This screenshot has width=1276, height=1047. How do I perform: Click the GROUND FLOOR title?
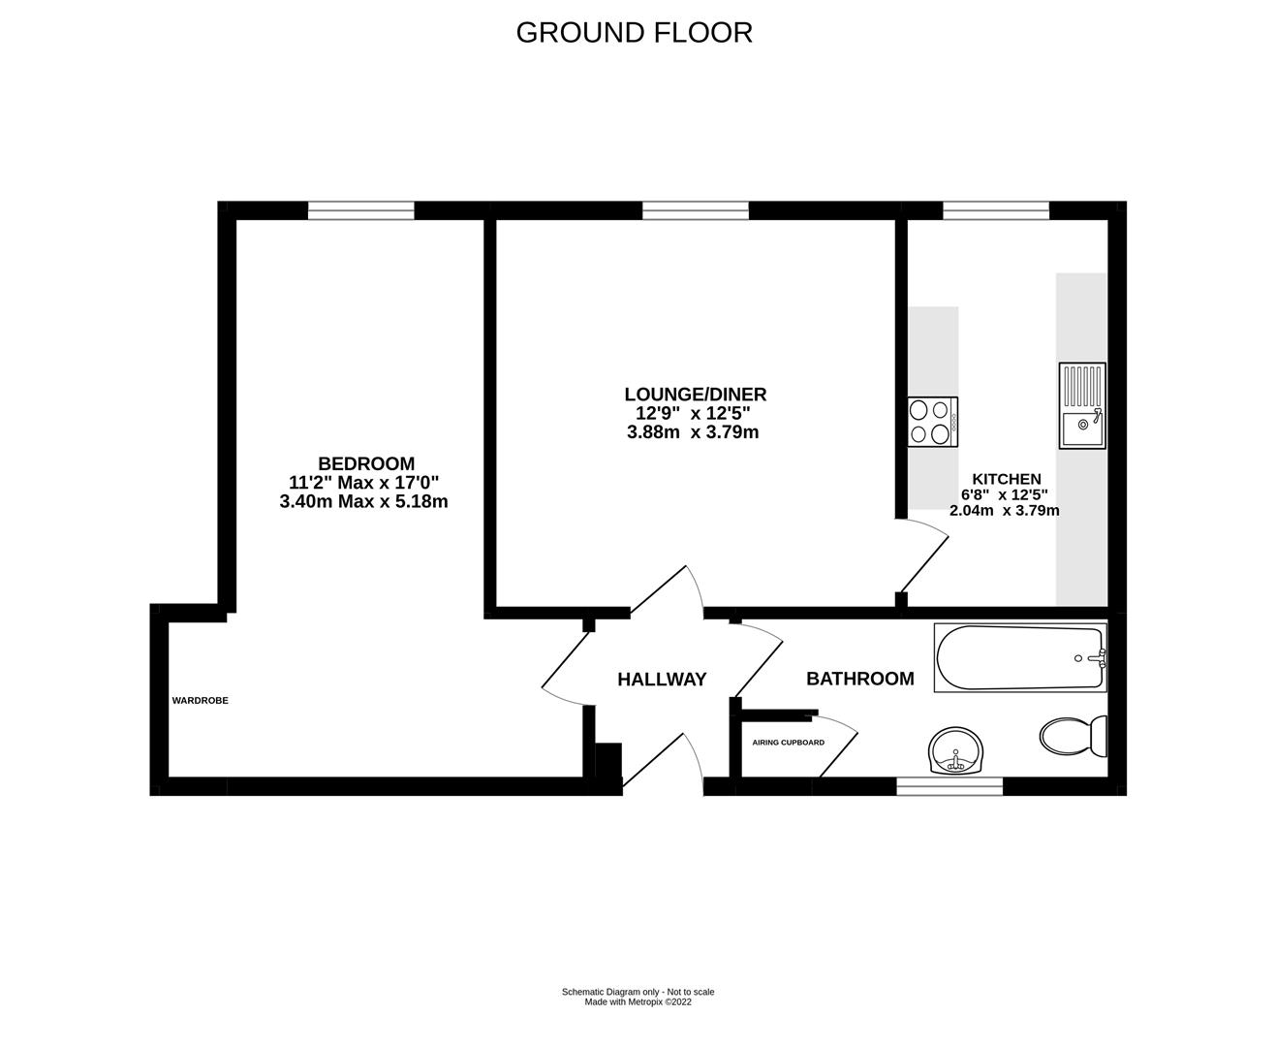(634, 32)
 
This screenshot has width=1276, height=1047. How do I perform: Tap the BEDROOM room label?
(366, 463)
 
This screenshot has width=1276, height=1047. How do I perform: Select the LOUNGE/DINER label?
(695, 395)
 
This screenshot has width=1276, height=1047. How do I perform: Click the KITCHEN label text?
(1007, 479)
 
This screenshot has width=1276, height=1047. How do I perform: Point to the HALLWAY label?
(662, 680)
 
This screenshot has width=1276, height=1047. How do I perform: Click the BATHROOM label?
(859, 679)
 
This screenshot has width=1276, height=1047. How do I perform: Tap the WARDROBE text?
(200, 700)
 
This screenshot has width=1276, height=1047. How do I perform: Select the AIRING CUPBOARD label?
(788, 743)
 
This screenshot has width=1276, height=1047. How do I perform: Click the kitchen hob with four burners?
(933, 422)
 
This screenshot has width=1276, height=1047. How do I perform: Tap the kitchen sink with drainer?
(1082, 405)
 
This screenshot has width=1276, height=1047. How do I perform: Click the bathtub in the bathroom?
(1019, 658)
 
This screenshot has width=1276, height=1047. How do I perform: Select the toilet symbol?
(1074, 736)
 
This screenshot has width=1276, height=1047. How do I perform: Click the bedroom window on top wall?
(361, 209)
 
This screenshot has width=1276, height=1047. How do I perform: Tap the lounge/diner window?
(695, 209)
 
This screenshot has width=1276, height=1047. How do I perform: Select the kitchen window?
(995, 209)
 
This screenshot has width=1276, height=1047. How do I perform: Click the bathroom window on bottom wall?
(949, 786)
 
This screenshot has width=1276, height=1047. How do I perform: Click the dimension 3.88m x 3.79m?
(693, 432)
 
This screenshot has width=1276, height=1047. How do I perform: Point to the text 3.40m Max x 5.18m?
(363, 501)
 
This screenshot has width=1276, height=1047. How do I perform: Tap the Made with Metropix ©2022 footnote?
(638, 1002)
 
